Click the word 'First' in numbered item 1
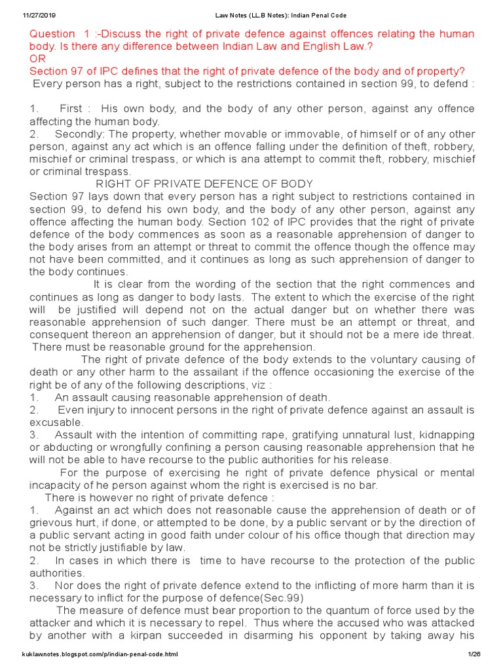(x=73, y=109)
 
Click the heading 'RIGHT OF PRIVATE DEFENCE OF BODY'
(x=204, y=184)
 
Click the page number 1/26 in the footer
(x=474, y=654)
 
